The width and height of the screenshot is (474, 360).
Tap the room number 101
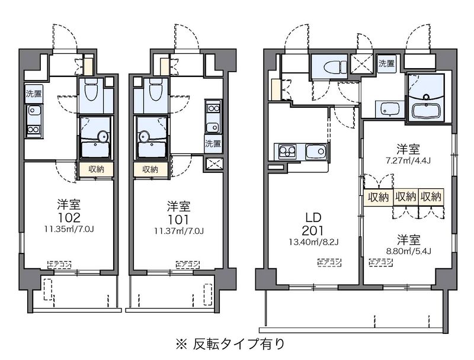point(178,217)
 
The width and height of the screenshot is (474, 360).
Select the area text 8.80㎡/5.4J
point(409,250)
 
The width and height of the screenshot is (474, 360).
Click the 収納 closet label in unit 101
point(150,169)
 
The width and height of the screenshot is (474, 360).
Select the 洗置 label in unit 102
point(34,93)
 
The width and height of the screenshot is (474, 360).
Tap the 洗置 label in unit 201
point(386,63)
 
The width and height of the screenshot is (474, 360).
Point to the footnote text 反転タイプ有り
point(238,343)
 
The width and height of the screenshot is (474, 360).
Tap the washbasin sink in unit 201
point(390,108)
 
